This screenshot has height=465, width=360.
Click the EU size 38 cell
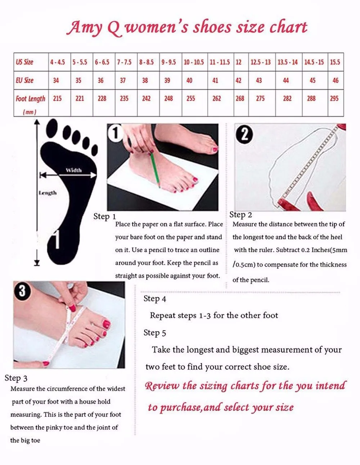point(145,81)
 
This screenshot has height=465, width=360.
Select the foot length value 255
point(190,99)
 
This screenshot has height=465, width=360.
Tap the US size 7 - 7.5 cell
point(124,62)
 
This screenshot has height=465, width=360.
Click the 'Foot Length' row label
point(30,99)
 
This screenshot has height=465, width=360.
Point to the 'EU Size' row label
point(24,80)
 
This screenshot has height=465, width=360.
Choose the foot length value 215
point(57,99)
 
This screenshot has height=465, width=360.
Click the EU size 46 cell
point(336,81)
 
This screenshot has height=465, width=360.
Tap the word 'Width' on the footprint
point(74,170)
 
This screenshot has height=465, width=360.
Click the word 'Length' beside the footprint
point(48,193)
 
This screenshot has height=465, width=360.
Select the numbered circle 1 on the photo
point(115,133)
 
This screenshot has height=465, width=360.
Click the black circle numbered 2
point(244,135)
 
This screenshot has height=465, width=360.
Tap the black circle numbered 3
point(22,291)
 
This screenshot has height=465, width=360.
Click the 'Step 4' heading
point(155,299)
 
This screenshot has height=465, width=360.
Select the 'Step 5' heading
point(155,333)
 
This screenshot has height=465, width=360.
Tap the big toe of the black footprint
point(52,128)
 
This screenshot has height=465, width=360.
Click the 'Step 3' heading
point(16,378)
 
